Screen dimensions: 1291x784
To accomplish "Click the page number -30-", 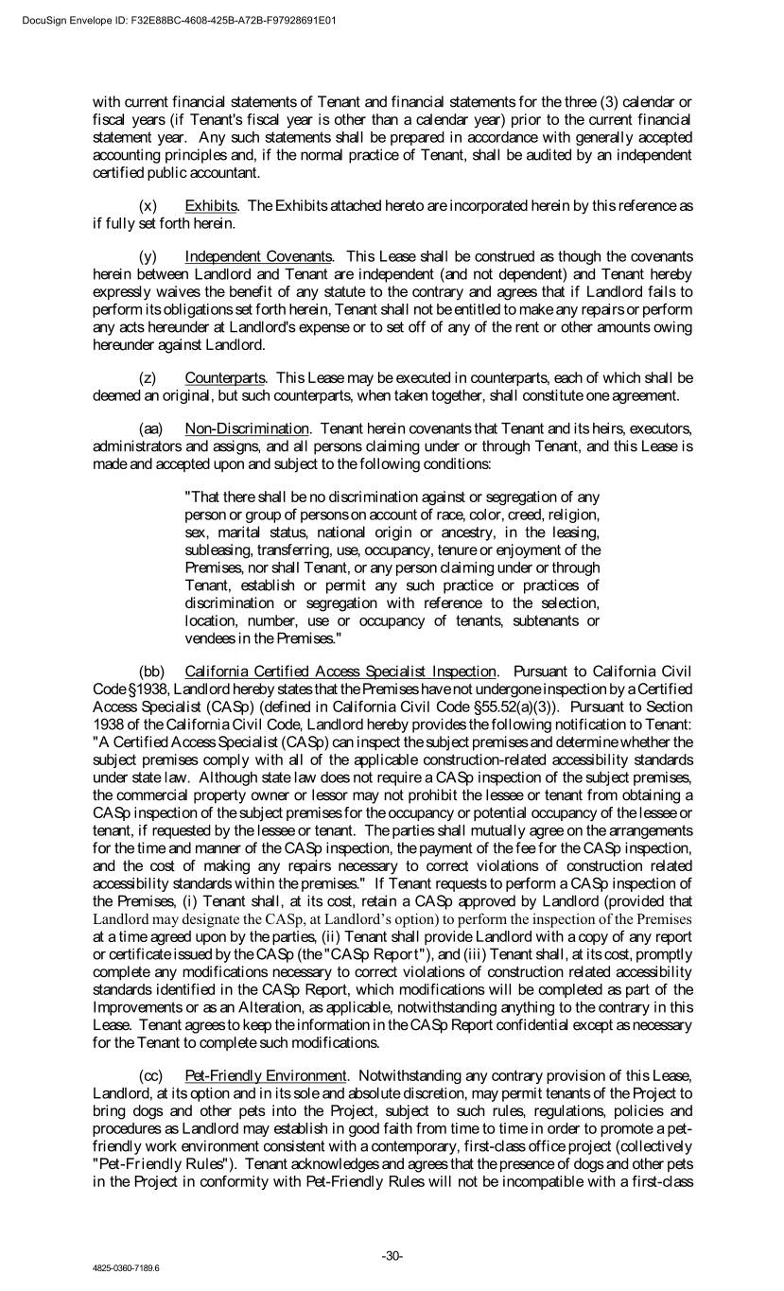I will tap(392, 1255).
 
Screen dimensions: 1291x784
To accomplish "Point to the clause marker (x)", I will tap(148, 205).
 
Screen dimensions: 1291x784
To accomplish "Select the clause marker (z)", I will tap(148, 377).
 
